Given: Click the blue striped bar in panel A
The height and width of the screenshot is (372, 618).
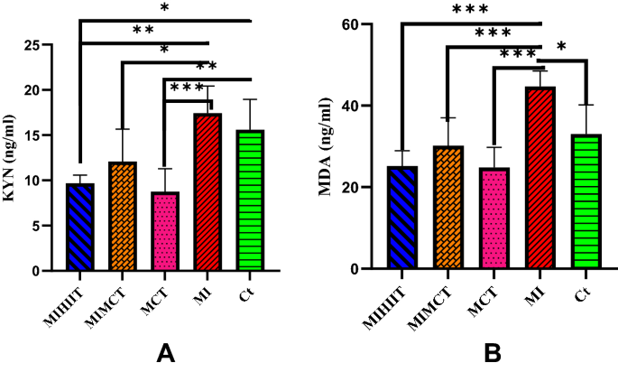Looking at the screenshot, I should coord(80,228).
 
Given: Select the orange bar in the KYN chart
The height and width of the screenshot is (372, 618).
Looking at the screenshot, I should coord(122,217).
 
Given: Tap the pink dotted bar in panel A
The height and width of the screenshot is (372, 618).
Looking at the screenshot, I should coord(164,231).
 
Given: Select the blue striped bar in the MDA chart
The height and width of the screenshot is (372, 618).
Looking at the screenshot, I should coord(402,218).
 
